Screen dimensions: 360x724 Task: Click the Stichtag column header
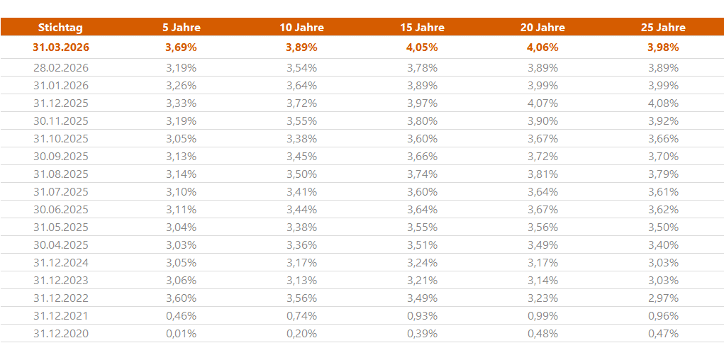click(x=60, y=28)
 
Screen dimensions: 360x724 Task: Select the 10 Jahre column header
click(x=301, y=28)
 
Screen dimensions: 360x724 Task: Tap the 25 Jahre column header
click(x=663, y=28)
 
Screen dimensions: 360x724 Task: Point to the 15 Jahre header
click(x=422, y=28)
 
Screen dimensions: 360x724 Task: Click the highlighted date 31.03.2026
click(x=61, y=47)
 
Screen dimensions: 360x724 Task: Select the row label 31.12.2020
click(x=61, y=334)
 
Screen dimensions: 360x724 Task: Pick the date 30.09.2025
click(x=61, y=157)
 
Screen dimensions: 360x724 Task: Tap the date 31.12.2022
click(x=61, y=298)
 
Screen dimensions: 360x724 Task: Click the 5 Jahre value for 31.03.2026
click(x=181, y=47)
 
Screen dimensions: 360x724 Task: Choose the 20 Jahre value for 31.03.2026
click(x=542, y=47)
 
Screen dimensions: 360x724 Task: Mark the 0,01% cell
click(x=181, y=334)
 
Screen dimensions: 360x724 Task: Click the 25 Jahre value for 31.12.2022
click(x=663, y=298)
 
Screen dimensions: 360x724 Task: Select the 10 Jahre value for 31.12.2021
click(x=301, y=316)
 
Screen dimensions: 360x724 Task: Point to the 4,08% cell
click(x=663, y=103)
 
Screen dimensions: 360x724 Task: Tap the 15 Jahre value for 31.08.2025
click(x=422, y=174)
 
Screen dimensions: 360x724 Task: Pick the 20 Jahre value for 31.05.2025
click(x=542, y=227)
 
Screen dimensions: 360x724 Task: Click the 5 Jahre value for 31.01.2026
click(x=181, y=86)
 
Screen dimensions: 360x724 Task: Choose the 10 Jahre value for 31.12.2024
click(x=301, y=263)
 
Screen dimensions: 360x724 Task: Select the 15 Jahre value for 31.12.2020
click(x=422, y=334)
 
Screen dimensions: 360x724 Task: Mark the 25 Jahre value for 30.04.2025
click(x=663, y=245)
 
